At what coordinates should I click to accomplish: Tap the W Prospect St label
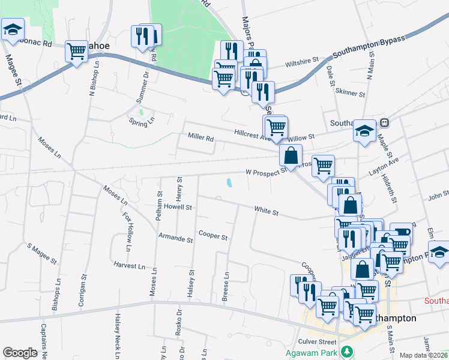coord(267,172)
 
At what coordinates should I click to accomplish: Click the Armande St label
coord(175,239)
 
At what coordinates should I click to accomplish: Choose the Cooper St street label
coord(213,236)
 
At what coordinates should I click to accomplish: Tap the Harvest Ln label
coord(128,265)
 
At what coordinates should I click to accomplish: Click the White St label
coord(267,212)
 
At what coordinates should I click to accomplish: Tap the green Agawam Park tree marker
coord(346,351)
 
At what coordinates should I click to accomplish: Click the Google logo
coord(20,353)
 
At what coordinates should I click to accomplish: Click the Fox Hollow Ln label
coord(127,232)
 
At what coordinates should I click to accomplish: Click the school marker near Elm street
coord(439,251)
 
